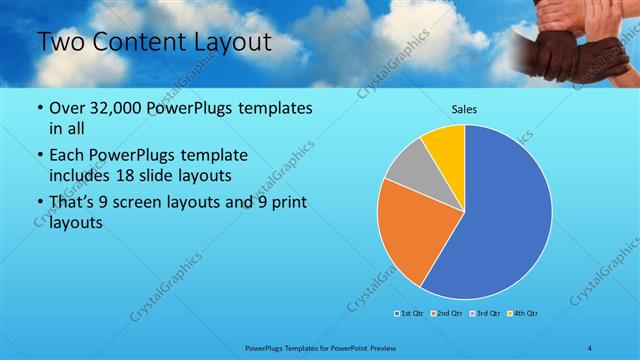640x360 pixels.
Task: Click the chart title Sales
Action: (464, 108)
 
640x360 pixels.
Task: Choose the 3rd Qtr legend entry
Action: (483, 314)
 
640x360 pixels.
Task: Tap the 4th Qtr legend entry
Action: (523, 314)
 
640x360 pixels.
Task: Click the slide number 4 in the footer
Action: (590, 347)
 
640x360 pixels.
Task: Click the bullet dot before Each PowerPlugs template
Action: (39, 156)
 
